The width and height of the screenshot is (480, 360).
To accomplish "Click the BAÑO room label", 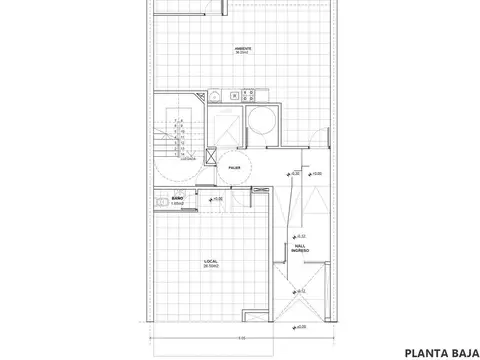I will coord(176,199).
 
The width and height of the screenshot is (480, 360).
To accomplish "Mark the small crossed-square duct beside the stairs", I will coord(209,155).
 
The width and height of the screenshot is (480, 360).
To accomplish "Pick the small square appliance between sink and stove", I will coord(234,96).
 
